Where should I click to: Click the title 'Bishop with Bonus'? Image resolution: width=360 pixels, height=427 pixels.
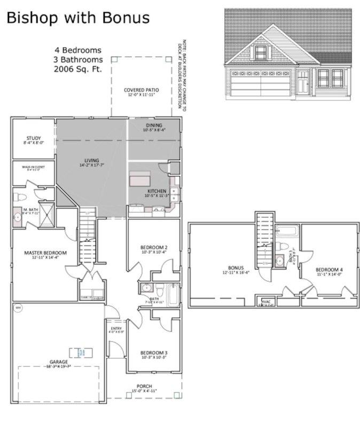(78, 18)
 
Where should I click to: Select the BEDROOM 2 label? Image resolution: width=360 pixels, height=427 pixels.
(154, 247)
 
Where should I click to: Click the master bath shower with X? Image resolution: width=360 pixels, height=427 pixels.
(46, 216)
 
